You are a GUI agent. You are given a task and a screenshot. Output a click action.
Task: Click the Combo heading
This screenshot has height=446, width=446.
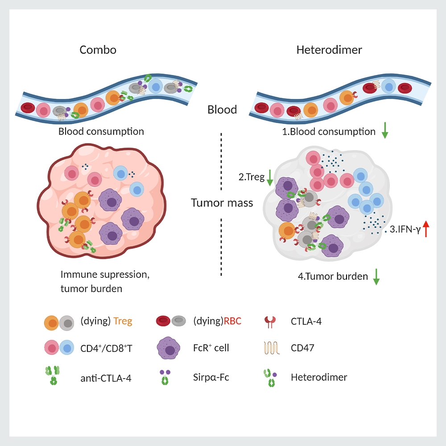(98, 50)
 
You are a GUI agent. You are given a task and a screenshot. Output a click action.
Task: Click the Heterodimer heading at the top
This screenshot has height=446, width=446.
(329, 50)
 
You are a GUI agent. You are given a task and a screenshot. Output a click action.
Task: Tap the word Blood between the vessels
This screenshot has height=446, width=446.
(222, 110)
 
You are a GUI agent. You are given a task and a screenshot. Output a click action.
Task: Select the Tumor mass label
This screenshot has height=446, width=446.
(222, 203)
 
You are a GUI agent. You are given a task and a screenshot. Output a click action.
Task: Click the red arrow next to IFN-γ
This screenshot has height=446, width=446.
(425, 229)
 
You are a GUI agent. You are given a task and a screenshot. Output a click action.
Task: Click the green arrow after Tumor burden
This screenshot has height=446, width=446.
(376, 277)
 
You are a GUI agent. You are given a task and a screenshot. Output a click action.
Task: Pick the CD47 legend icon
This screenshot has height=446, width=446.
(270, 347)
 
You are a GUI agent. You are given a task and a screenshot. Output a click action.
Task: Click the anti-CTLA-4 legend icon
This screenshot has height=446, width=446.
(53, 376)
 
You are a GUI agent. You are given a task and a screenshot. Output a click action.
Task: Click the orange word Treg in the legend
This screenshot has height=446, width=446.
(123, 321)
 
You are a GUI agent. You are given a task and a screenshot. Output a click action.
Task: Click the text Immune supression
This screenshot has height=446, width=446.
(105, 275)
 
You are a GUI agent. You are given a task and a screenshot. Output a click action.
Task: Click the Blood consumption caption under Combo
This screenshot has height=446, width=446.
(101, 132)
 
